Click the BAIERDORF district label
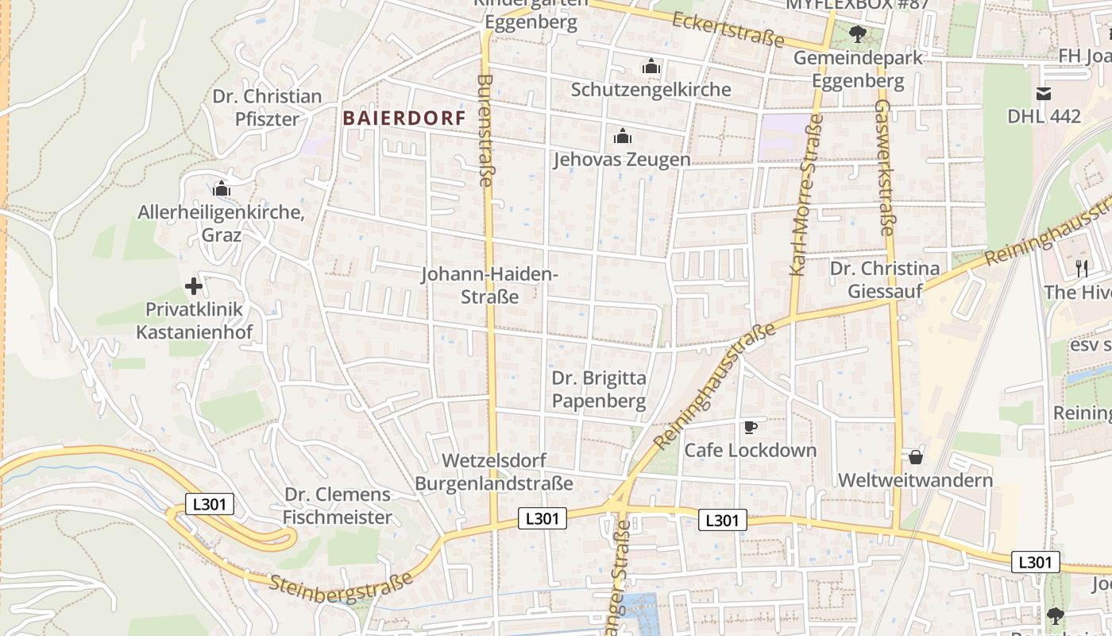(x=403, y=118)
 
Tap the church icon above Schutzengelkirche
(x=651, y=66)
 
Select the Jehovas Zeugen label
(x=622, y=160)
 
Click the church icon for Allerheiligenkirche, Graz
(x=222, y=189)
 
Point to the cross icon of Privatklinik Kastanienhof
(x=193, y=286)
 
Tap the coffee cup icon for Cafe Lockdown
(x=750, y=428)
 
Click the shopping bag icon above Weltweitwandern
(x=916, y=457)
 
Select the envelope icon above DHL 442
(x=1044, y=94)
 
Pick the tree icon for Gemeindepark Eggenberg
(x=857, y=34)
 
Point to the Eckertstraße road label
(x=728, y=29)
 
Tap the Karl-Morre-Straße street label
(x=805, y=195)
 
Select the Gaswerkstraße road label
(x=885, y=167)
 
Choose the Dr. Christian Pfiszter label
(x=267, y=108)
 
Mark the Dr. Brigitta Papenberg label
(x=599, y=390)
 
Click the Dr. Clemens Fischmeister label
(x=338, y=506)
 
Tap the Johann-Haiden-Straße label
(x=489, y=285)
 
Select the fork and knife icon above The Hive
(x=1081, y=268)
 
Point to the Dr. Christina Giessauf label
(x=885, y=280)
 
